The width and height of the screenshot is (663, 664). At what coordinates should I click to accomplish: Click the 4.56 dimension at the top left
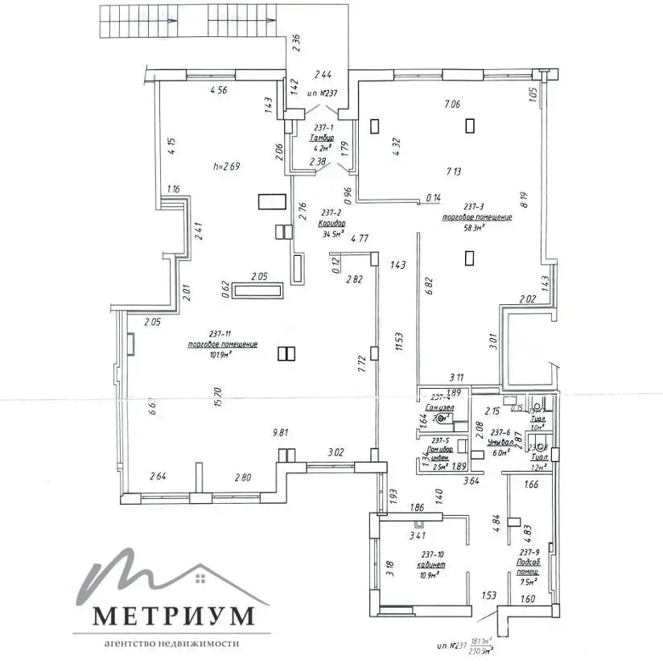click(x=218, y=90)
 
